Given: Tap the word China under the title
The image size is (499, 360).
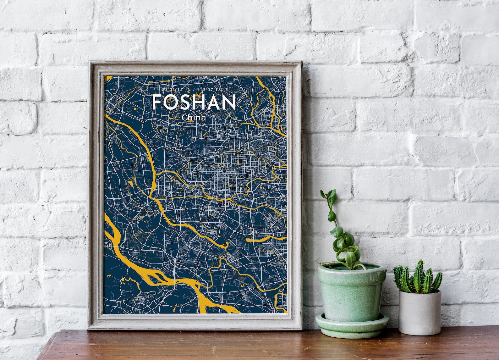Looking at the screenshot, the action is coord(194,118).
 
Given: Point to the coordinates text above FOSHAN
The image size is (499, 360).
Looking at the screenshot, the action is coord(194,90).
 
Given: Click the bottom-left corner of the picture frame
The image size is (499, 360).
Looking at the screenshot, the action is coord(89,329).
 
